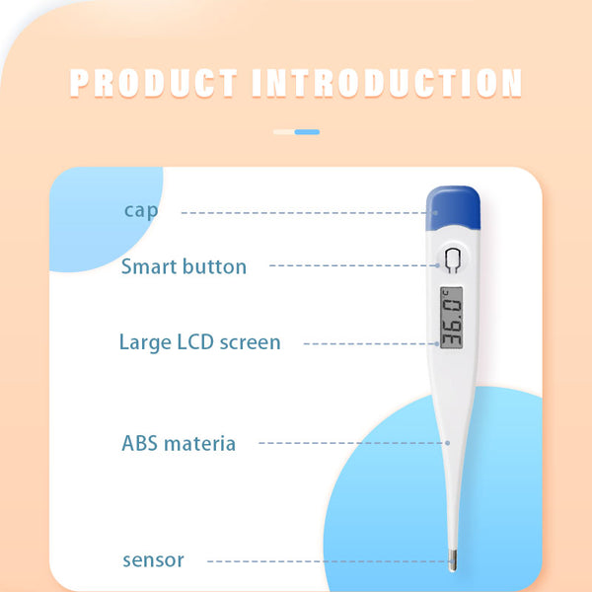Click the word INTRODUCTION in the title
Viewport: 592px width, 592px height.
(x=387, y=83)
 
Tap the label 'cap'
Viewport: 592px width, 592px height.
(x=140, y=210)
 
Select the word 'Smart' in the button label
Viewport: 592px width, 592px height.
(x=150, y=266)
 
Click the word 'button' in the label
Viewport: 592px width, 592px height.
(x=215, y=266)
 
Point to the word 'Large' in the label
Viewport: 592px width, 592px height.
(x=145, y=342)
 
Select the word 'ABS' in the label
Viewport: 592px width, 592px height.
(x=139, y=443)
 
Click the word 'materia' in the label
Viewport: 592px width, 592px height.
(x=200, y=443)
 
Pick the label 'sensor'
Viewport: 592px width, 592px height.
(x=153, y=560)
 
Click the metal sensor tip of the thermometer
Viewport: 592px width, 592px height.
(x=451, y=561)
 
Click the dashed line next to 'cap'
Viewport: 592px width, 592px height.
(x=306, y=212)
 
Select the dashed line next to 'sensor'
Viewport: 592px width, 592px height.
(x=326, y=560)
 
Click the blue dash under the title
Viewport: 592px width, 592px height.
(x=307, y=131)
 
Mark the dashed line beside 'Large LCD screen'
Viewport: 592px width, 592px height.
(x=370, y=343)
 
